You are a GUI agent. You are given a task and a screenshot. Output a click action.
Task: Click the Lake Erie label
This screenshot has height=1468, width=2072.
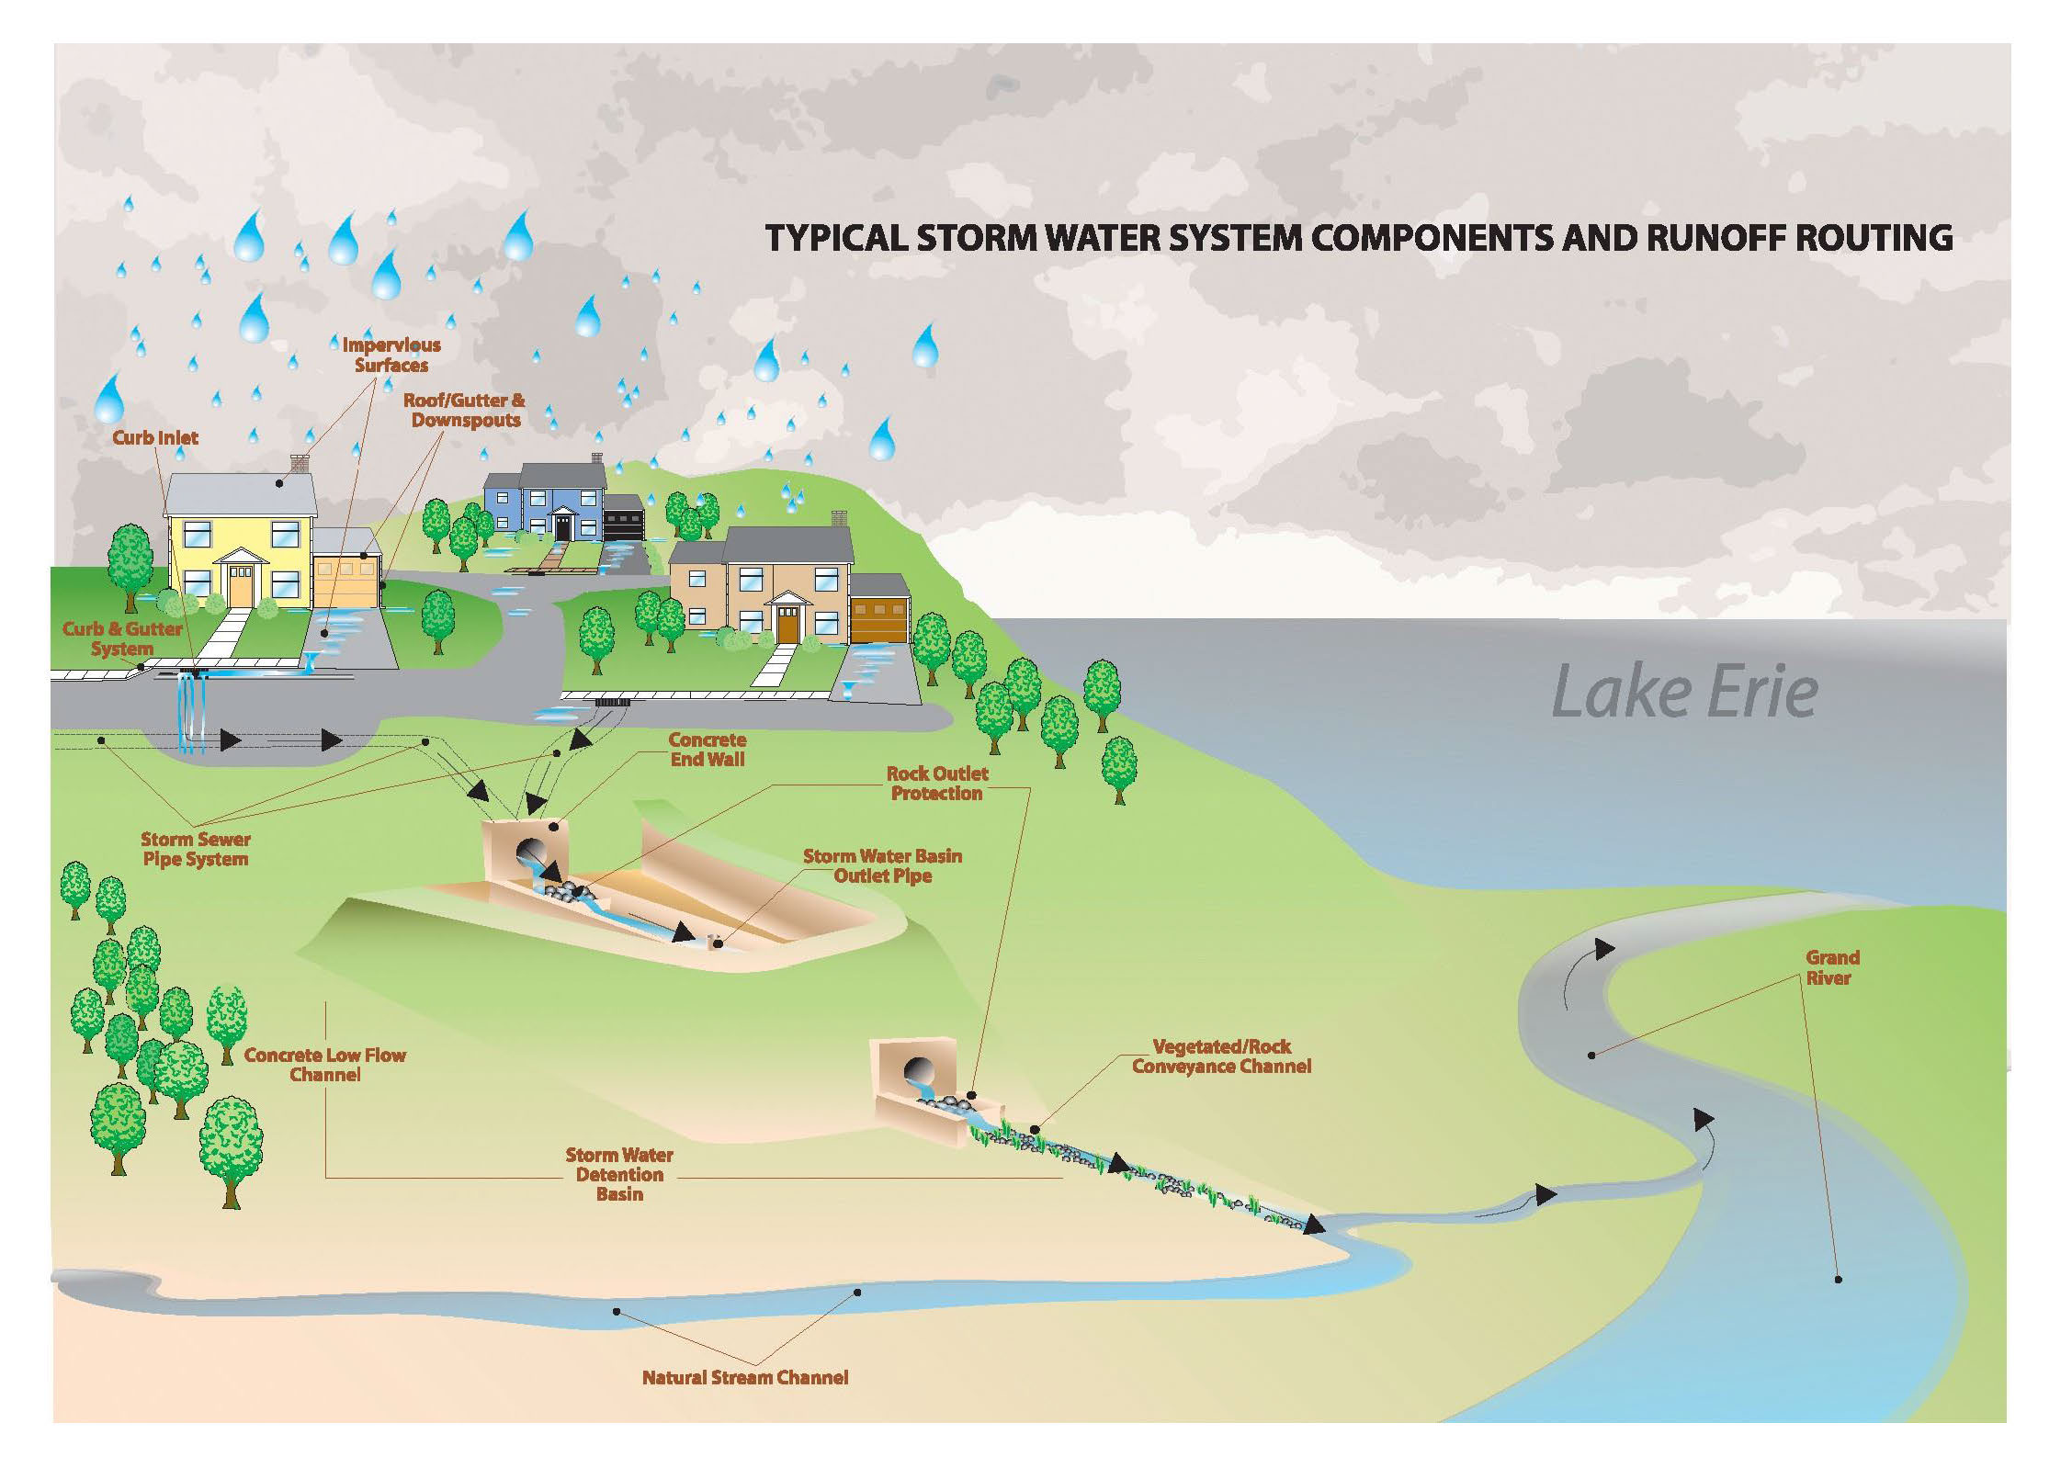(1683, 693)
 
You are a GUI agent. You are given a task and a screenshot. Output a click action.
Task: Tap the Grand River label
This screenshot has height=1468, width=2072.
(1831, 967)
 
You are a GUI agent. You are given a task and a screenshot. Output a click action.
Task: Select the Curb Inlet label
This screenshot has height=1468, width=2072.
(155, 437)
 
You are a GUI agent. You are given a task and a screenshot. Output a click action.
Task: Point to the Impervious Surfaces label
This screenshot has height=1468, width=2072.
(391, 356)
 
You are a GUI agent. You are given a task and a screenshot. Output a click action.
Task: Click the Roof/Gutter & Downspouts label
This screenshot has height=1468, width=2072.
(465, 410)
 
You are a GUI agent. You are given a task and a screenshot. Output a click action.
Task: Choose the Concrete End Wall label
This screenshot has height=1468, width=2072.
(707, 749)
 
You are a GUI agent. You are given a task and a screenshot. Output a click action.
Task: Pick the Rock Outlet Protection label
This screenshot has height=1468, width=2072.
(936, 783)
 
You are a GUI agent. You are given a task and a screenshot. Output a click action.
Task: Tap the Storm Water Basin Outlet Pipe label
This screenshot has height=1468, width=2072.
(882, 865)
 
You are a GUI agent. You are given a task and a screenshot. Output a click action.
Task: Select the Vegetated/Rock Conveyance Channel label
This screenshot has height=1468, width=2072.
(1221, 1056)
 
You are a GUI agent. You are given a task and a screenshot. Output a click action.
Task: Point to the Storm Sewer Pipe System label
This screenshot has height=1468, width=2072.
(195, 849)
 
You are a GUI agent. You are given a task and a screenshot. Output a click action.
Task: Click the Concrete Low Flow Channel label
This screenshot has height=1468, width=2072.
(324, 1064)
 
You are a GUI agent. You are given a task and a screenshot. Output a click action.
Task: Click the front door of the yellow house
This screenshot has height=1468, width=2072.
(240, 585)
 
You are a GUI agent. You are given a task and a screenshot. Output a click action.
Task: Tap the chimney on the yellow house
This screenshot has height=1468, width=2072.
(300, 464)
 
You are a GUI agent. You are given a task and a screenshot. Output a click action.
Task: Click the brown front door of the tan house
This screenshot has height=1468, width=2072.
(787, 623)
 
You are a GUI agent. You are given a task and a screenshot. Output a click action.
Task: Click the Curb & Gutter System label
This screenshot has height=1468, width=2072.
(122, 638)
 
